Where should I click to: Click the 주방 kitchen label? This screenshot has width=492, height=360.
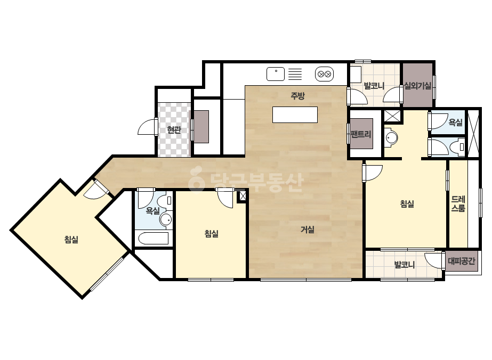pos(297,96)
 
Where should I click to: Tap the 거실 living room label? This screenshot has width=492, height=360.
pos(308,230)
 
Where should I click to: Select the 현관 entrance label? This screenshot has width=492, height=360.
pos(174,129)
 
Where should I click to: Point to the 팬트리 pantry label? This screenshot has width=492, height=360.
pos(361,134)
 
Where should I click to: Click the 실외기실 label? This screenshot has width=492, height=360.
pos(417,85)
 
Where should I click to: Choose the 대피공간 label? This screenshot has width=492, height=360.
pos(462,260)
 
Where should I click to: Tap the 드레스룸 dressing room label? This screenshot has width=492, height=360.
pos(458,203)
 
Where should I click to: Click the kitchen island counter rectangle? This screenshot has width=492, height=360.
pos(295,115)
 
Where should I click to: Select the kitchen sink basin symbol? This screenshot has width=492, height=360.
pos(276,74)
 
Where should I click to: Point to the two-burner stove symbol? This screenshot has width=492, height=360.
pos(324,75)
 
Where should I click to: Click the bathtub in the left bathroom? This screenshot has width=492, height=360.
pos(154,239)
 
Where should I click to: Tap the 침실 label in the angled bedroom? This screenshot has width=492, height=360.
pos(71,240)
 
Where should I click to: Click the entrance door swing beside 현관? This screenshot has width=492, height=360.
pos(147,127)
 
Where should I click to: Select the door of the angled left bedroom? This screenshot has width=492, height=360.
pos(96,190)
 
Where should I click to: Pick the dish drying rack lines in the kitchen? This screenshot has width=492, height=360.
pos(295,74)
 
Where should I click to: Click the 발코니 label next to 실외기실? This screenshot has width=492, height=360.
pos(374,85)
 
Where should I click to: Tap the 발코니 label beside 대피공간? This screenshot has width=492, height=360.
pos(405,265)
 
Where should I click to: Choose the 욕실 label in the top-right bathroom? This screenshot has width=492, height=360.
pos(456,122)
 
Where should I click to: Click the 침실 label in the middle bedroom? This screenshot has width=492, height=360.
pos(212,233)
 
